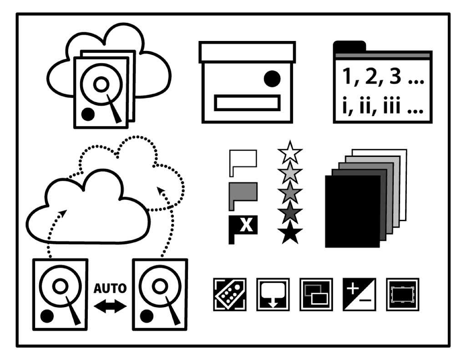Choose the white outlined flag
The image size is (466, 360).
point(243,161)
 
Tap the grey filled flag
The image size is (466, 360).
point(243,194)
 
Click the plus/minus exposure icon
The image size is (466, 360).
point(359,294)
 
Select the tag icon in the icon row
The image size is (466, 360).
point(230,294)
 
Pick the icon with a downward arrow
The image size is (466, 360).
point(273,294)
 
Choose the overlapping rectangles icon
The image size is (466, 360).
point(316,294)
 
